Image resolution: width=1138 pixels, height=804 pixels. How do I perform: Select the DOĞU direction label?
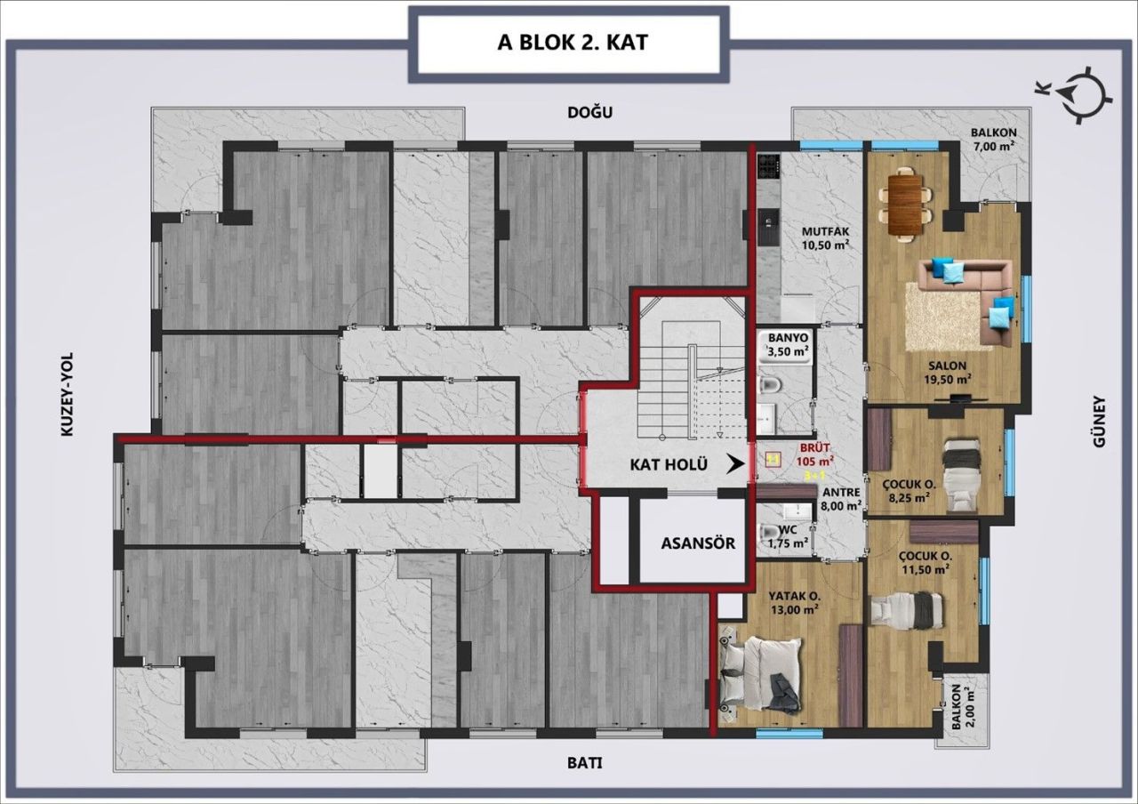point(591,112)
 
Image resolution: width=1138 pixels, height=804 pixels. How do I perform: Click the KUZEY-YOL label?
point(67,394)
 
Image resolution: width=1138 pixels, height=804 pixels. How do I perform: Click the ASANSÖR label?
point(697,543)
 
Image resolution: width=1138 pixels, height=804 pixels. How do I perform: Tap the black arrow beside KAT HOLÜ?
point(734,463)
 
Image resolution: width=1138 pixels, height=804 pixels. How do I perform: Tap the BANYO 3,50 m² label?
point(788,345)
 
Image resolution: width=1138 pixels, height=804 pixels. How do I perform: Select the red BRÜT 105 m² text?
point(815,455)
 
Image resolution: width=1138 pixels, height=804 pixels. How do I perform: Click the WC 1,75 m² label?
point(786,536)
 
